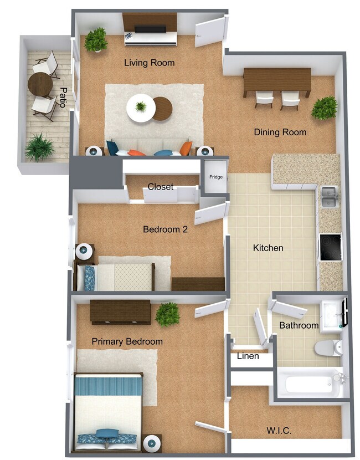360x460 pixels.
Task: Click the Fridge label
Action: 216,177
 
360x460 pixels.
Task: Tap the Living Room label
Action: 149,63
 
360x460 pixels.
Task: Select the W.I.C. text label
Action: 279,430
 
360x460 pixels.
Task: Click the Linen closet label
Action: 248,356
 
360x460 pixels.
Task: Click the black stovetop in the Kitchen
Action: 331,247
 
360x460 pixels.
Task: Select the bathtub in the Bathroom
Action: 307,383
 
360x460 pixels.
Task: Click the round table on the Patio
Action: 40,84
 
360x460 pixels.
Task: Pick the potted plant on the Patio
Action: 39,147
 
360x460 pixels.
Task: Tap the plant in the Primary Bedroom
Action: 167,314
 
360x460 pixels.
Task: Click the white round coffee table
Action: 141,108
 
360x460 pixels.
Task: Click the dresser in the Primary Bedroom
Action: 120,311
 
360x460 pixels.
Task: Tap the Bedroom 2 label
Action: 165,229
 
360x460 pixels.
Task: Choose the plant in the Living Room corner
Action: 96,39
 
